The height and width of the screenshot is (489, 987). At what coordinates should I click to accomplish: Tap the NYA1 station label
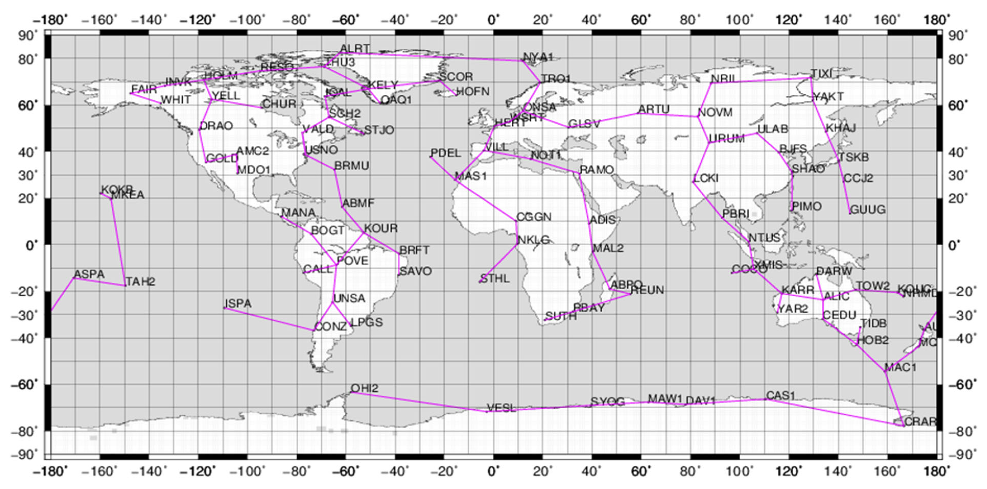click(538, 57)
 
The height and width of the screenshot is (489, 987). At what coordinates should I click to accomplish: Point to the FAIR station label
click(144, 89)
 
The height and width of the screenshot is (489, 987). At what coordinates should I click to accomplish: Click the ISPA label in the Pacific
click(238, 303)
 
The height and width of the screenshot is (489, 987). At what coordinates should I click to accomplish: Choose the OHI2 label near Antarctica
click(364, 388)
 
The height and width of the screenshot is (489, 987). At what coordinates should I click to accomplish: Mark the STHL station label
click(495, 278)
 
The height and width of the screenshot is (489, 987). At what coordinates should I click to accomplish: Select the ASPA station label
click(89, 274)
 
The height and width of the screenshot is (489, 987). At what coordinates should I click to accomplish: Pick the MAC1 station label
click(900, 368)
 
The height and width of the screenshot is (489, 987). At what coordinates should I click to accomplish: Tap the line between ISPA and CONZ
click(268, 319)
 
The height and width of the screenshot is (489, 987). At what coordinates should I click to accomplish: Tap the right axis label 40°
click(958, 152)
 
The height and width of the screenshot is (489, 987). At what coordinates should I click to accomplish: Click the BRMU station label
click(351, 166)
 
